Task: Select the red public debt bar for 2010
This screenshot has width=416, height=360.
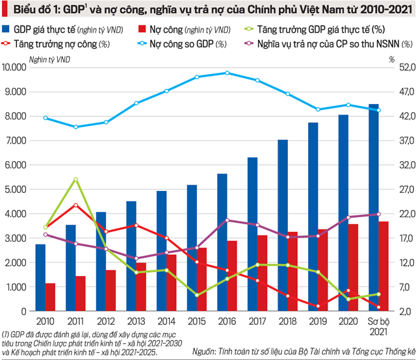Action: tap(50, 297)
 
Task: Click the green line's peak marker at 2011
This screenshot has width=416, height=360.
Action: tap(76, 179)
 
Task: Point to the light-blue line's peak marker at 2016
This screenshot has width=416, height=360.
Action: tap(227, 73)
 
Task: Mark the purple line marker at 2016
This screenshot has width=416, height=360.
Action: tap(227, 220)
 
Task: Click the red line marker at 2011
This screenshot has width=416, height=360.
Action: tap(76, 205)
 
